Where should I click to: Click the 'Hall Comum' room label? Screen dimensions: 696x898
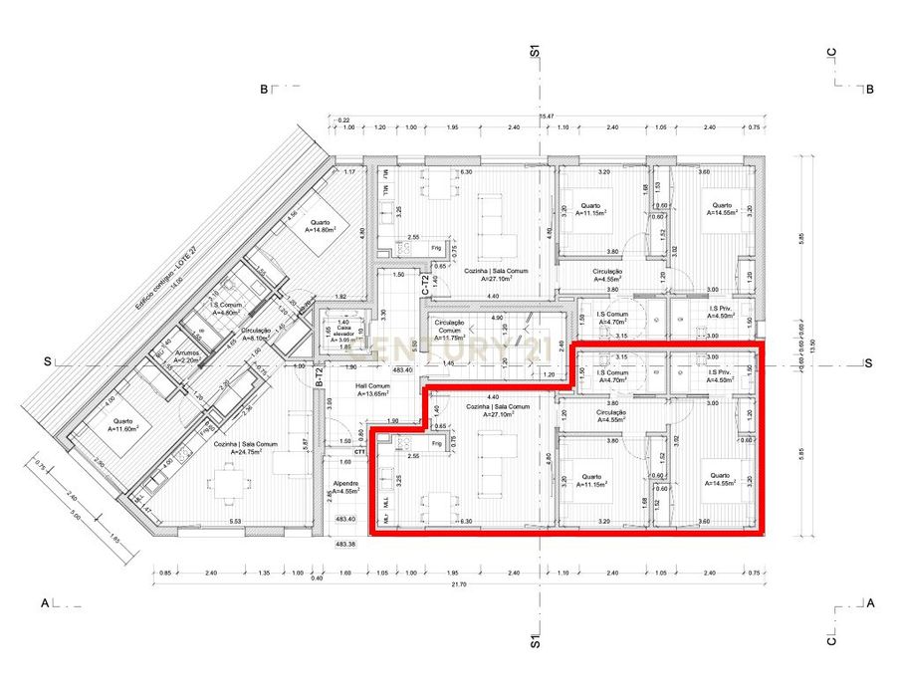(373, 388)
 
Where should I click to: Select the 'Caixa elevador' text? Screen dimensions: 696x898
(342, 332)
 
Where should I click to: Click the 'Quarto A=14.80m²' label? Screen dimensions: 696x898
(320, 226)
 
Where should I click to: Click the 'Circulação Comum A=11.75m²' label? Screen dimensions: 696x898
(452, 333)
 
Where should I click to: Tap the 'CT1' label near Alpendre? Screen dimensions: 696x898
(359, 451)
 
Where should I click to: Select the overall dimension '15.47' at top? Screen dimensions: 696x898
(546, 117)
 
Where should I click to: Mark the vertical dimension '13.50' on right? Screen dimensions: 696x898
(812, 344)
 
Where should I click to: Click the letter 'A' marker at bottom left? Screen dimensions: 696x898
(44, 603)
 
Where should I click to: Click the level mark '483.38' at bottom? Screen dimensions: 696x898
(344, 544)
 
